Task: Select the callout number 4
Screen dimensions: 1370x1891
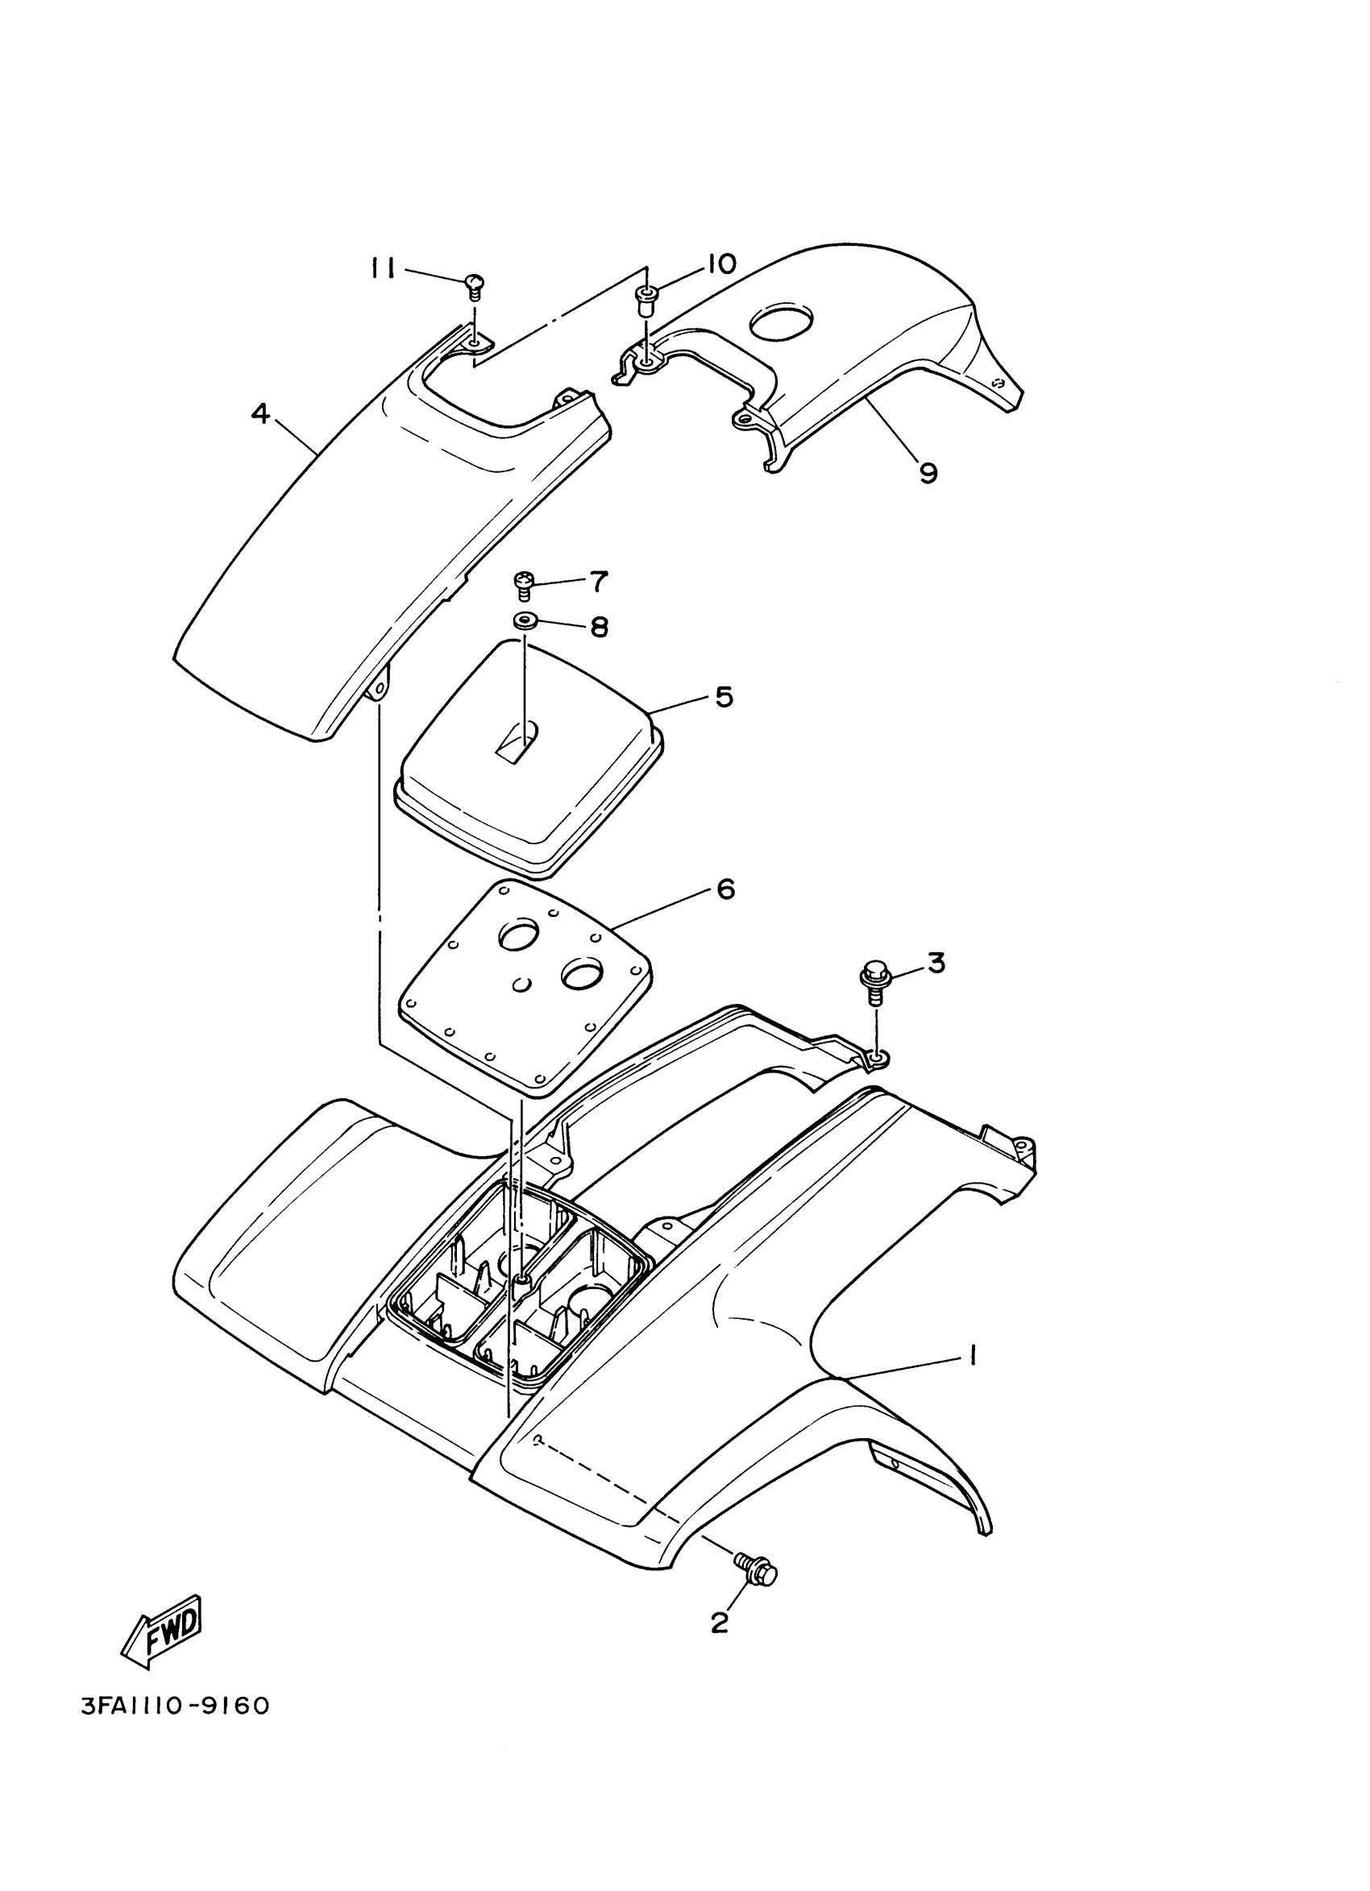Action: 261,413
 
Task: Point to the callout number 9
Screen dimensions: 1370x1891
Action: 928,473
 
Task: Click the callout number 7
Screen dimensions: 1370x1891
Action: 599,581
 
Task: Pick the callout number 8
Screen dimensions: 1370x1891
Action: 599,627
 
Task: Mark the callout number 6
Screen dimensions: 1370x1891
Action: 725,890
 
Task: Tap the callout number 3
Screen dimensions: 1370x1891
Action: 936,963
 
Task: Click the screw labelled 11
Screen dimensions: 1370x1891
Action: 474,285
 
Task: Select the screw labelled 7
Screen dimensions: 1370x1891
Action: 525,583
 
